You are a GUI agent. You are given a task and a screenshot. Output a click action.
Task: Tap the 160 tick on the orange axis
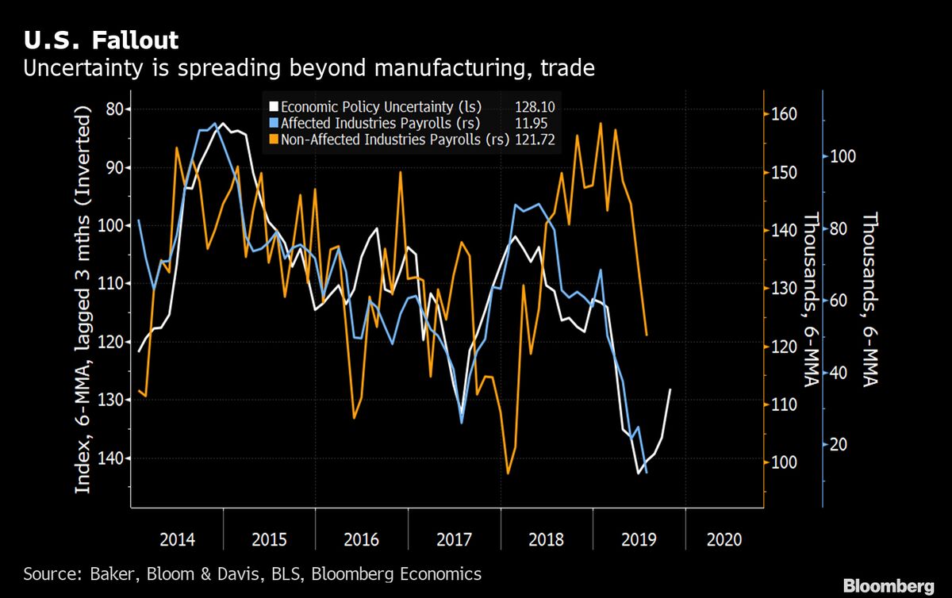784,115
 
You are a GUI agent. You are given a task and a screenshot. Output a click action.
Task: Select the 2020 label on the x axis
724,540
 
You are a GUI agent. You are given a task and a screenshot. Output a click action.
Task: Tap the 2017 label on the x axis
454,540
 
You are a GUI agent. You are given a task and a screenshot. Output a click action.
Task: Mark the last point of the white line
671,389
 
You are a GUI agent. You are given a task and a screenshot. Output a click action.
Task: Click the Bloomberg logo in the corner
888,586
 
